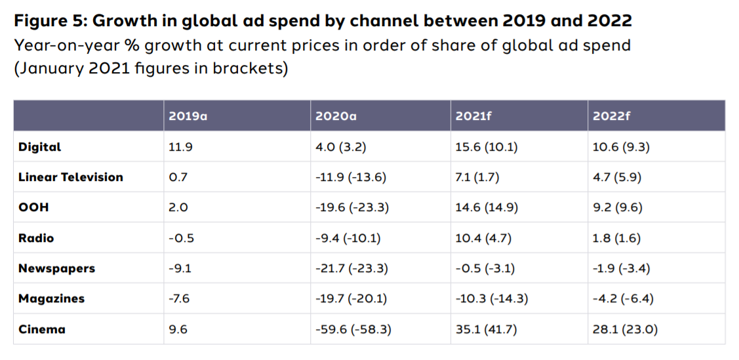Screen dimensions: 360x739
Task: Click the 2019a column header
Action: point(188,116)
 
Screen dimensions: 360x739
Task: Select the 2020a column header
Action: point(334,116)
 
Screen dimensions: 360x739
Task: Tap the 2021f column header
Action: point(473,116)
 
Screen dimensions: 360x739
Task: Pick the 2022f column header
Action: point(611,116)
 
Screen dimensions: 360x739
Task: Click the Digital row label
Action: point(39,147)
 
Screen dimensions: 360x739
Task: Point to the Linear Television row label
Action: point(71,177)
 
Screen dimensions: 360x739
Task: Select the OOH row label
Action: point(33,207)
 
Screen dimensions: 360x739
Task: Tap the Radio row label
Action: point(36,238)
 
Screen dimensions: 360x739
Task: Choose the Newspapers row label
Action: point(56,268)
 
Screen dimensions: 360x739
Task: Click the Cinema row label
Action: point(42,329)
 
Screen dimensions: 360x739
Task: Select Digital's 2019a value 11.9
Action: point(180,147)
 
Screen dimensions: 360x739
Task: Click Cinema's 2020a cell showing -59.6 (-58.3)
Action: point(353,329)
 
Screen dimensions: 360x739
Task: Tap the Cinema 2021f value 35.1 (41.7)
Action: point(486,329)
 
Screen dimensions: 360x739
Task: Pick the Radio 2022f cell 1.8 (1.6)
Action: point(617,238)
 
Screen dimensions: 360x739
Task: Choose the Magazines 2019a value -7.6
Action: point(179,299)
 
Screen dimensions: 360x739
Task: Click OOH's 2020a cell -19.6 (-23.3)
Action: point(353,207)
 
